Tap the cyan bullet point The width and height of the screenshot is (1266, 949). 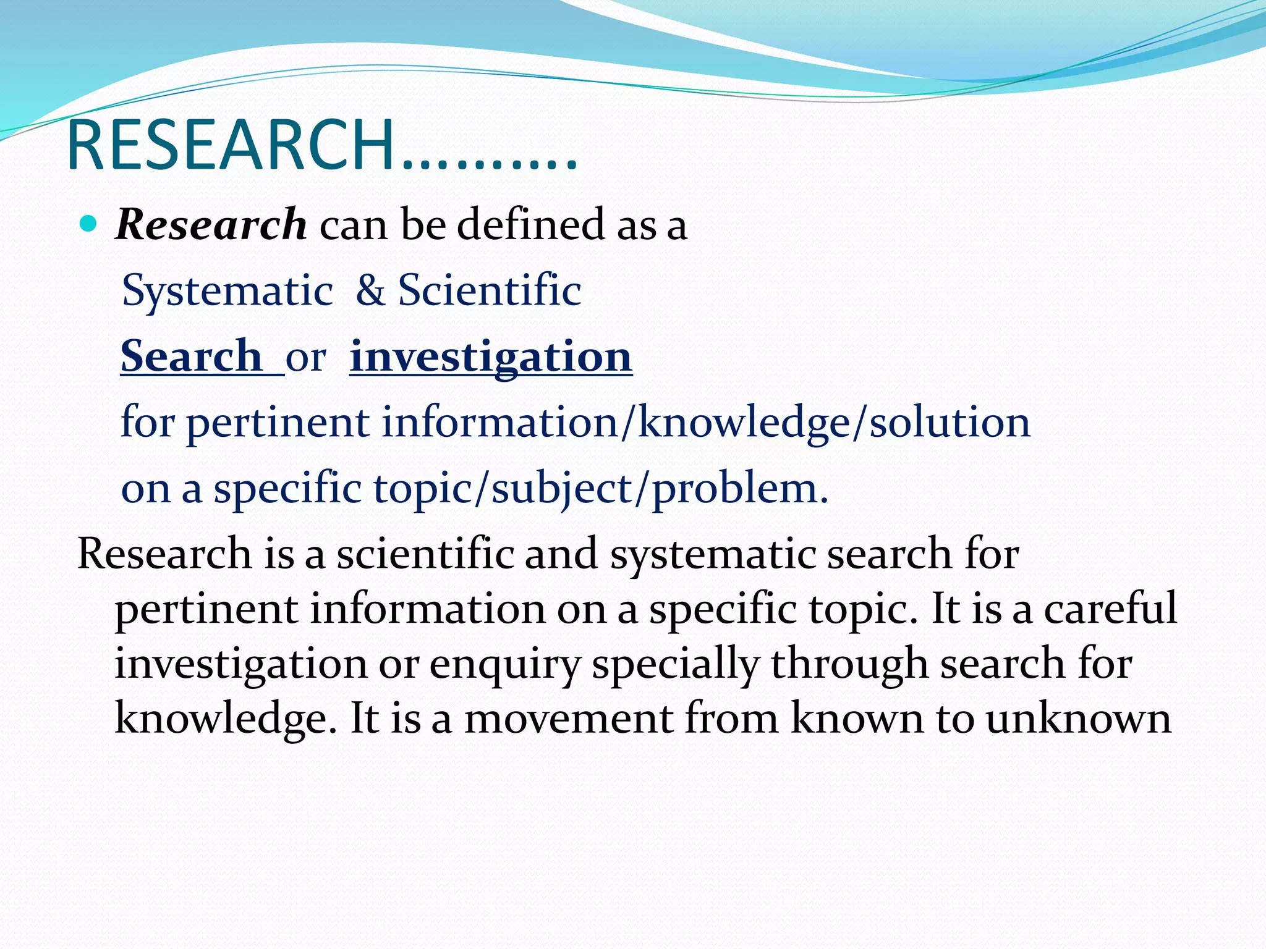(x=89, y=224)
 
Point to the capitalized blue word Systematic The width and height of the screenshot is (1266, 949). (x=227, y=290)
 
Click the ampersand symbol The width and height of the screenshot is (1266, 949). (x=370, y=290)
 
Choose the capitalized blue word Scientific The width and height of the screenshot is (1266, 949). (x=489, y=290)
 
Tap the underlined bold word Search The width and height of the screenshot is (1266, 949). (x=192, y=356)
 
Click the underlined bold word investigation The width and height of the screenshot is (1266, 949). (x=491, y=356)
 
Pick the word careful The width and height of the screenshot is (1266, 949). (x=1110, y=609)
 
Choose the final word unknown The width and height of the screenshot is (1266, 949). (x=1078, y=719)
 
